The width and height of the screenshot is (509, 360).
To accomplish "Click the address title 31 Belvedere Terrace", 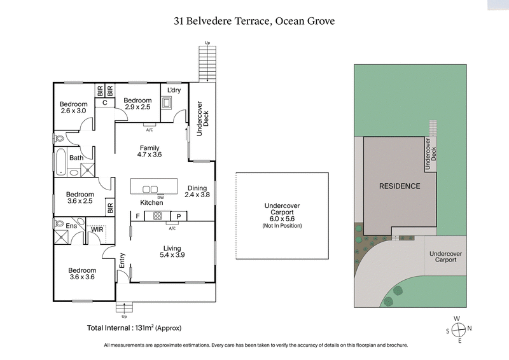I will [x=254, y=21].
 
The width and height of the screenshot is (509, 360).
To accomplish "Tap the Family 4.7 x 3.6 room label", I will [x=151, y=151].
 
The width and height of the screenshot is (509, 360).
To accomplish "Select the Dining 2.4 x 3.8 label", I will [x=197, y=191].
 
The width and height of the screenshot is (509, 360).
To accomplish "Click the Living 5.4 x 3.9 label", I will [x=172, y=251].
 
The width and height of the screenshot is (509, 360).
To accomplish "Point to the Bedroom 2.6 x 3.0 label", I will [x=73, y=107].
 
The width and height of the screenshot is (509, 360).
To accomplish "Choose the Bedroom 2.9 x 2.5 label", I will [x=137, y=104].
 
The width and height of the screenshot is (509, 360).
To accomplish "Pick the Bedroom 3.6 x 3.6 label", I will [x=82, y=273].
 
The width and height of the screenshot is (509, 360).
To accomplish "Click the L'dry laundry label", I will [x=174, y=91].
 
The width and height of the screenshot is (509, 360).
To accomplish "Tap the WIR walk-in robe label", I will [x=97, y=229].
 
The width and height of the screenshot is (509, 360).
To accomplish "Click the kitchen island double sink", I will [x=151, y=189].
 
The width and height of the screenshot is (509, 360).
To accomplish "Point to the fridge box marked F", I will [x=138, y=216].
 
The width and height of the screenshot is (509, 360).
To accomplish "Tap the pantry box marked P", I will [x=179, y=216].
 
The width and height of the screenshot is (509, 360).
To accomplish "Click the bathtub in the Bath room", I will [x=60, y=162].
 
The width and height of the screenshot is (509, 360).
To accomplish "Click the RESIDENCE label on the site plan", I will [x=400, y=186].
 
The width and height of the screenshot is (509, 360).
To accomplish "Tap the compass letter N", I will [x=469, y=328].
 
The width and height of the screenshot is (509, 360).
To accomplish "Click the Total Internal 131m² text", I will [x=134, y=328].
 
